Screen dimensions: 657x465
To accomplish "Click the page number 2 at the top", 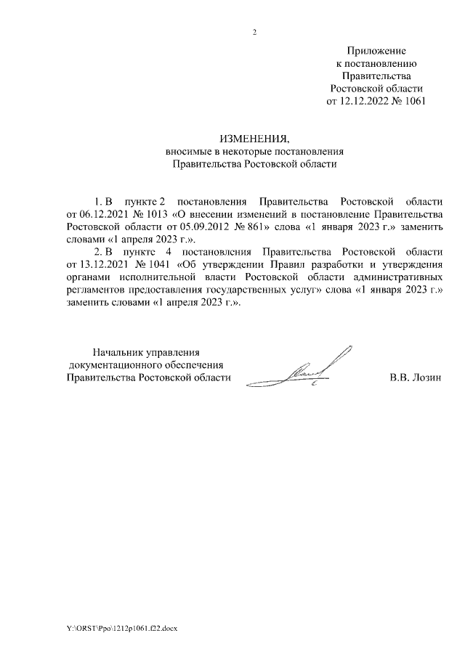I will (x=254, y=32).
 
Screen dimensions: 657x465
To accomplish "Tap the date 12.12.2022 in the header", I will (x=365, y=101).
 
